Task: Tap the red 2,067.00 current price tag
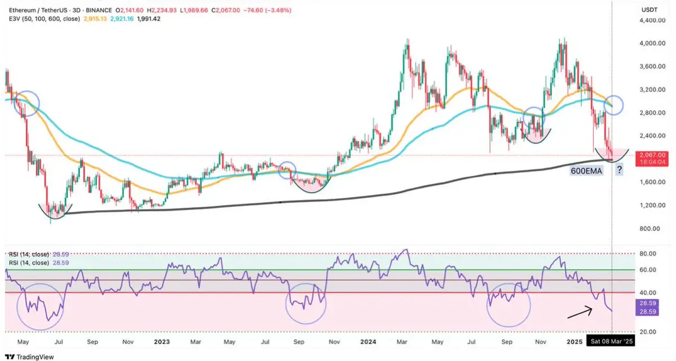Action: pos(653,155)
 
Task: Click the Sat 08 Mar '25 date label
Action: pos(611,341)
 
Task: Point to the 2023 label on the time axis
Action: pos(162,341)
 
